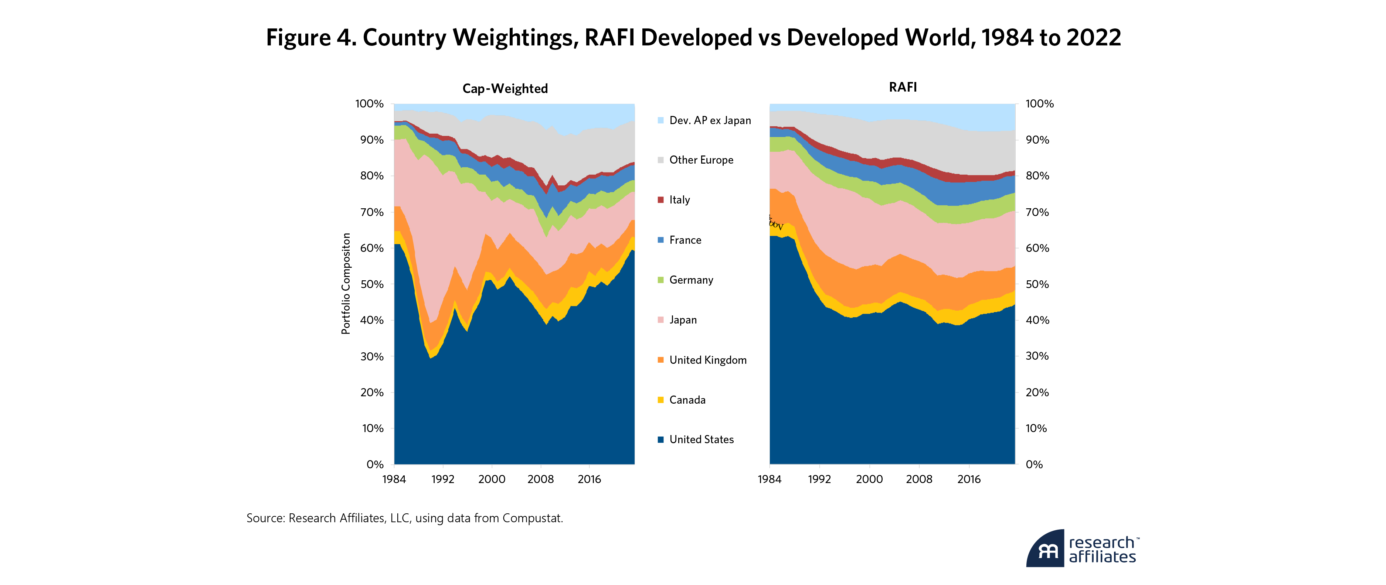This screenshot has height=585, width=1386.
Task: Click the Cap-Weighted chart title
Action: pos(505,89)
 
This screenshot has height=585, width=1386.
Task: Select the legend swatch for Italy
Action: pos(661,200)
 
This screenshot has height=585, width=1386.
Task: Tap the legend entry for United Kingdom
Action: pos(707,360)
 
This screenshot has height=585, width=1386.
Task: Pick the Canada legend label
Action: pos(687,400)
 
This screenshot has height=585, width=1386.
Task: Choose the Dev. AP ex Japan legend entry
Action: pos(710,120)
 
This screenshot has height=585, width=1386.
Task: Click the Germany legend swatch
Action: pos(661,280)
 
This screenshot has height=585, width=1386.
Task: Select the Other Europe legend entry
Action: pos(701,160)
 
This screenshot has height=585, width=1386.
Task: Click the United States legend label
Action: pos(701,440)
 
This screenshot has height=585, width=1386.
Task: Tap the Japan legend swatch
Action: pos(661,320)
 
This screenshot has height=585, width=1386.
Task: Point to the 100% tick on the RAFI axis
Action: pos(1039,104)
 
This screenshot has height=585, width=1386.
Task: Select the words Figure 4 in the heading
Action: pos(310,38)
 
